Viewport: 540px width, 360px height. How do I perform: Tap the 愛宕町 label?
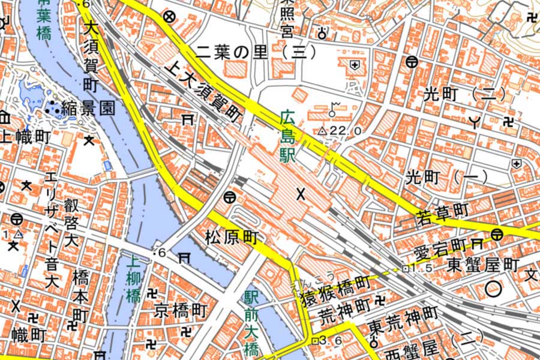(x=441, y=246)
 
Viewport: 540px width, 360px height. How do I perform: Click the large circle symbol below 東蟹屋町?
(x=494, y=289)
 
